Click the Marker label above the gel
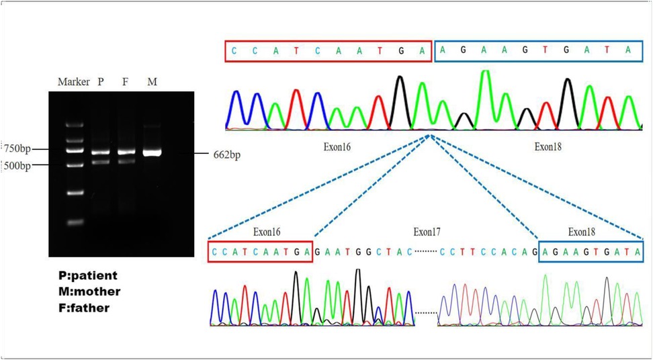coord(73,82)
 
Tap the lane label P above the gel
coord(101,82)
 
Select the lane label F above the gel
coord(126,82)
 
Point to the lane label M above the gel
coord(152,82)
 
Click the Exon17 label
coord(427,232)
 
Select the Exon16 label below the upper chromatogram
coord(337,146)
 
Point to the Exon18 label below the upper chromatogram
coord(548,146)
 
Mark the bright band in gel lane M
coord(152,152)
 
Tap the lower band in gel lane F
coord(126,161)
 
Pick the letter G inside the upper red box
coord(401,50)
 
